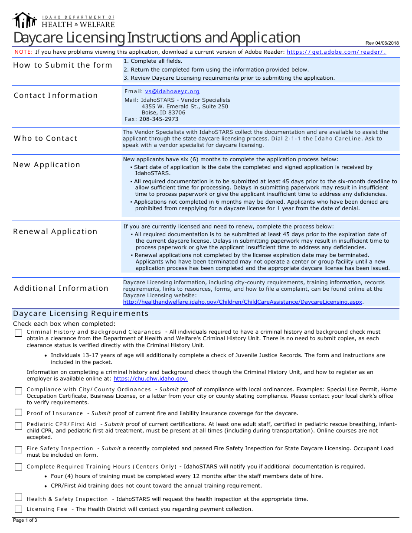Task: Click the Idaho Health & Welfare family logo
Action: tap(25, 20)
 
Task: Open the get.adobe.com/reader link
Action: tap(336, 52)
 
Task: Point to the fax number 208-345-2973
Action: tap(159, 119)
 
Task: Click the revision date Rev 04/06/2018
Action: tap(382, 43)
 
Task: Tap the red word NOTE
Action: tap(23, 52)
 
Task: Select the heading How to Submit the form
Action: tap(62, 65)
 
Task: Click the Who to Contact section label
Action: tap(46, 138)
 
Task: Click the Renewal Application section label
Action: tap(56, 231)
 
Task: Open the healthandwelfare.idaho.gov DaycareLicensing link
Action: tap(243, 302)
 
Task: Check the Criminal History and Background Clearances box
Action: tap(18, 333)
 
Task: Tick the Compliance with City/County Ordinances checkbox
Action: tap(18, 390)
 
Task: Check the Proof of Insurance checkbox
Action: tap(18, 413)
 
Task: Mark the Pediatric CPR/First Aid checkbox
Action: tap(18, 426)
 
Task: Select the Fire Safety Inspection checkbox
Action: tap(18, 449)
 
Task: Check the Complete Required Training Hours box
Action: tap(18, 467)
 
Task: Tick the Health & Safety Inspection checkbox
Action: tap(18, 497)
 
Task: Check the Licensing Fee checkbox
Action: tap(18, 509)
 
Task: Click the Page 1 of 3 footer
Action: tap(25, 520)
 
